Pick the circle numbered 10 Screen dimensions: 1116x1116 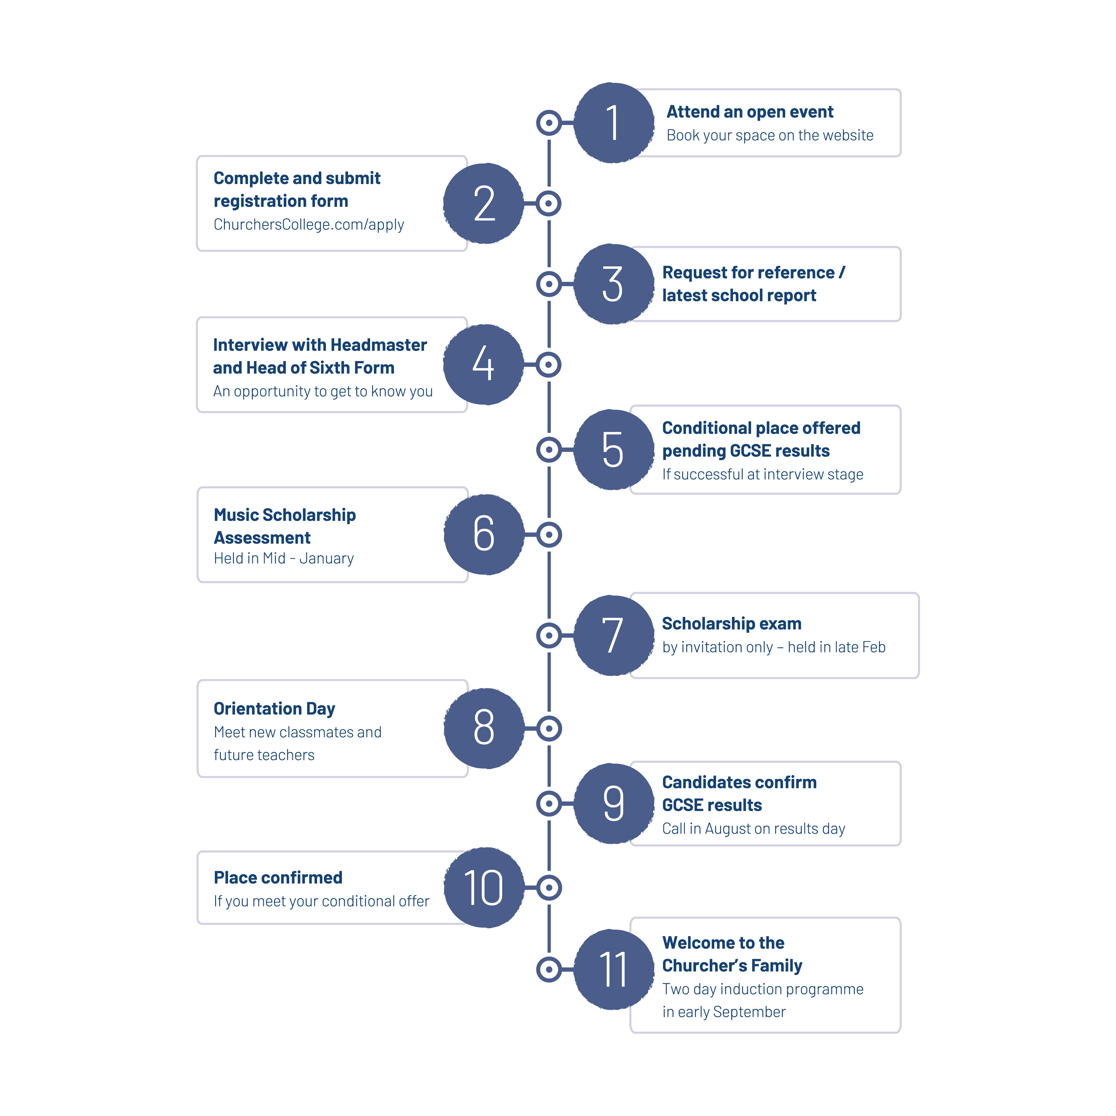coord(484,887)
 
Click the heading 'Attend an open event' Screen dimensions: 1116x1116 coord(750,111)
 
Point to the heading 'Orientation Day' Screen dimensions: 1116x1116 coord(274,709)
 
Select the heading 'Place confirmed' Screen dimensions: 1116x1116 coord(278,878)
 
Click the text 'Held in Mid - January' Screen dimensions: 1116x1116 coord(283,558)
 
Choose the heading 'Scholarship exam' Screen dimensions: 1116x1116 coord(732,624)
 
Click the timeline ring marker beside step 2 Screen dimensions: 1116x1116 coord(549,203)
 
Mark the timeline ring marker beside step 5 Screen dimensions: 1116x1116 coord(549,449)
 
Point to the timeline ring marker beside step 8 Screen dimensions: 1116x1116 coord(549,729)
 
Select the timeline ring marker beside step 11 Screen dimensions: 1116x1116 coord(549,969)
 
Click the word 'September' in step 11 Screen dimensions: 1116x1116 coord(749,1012)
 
